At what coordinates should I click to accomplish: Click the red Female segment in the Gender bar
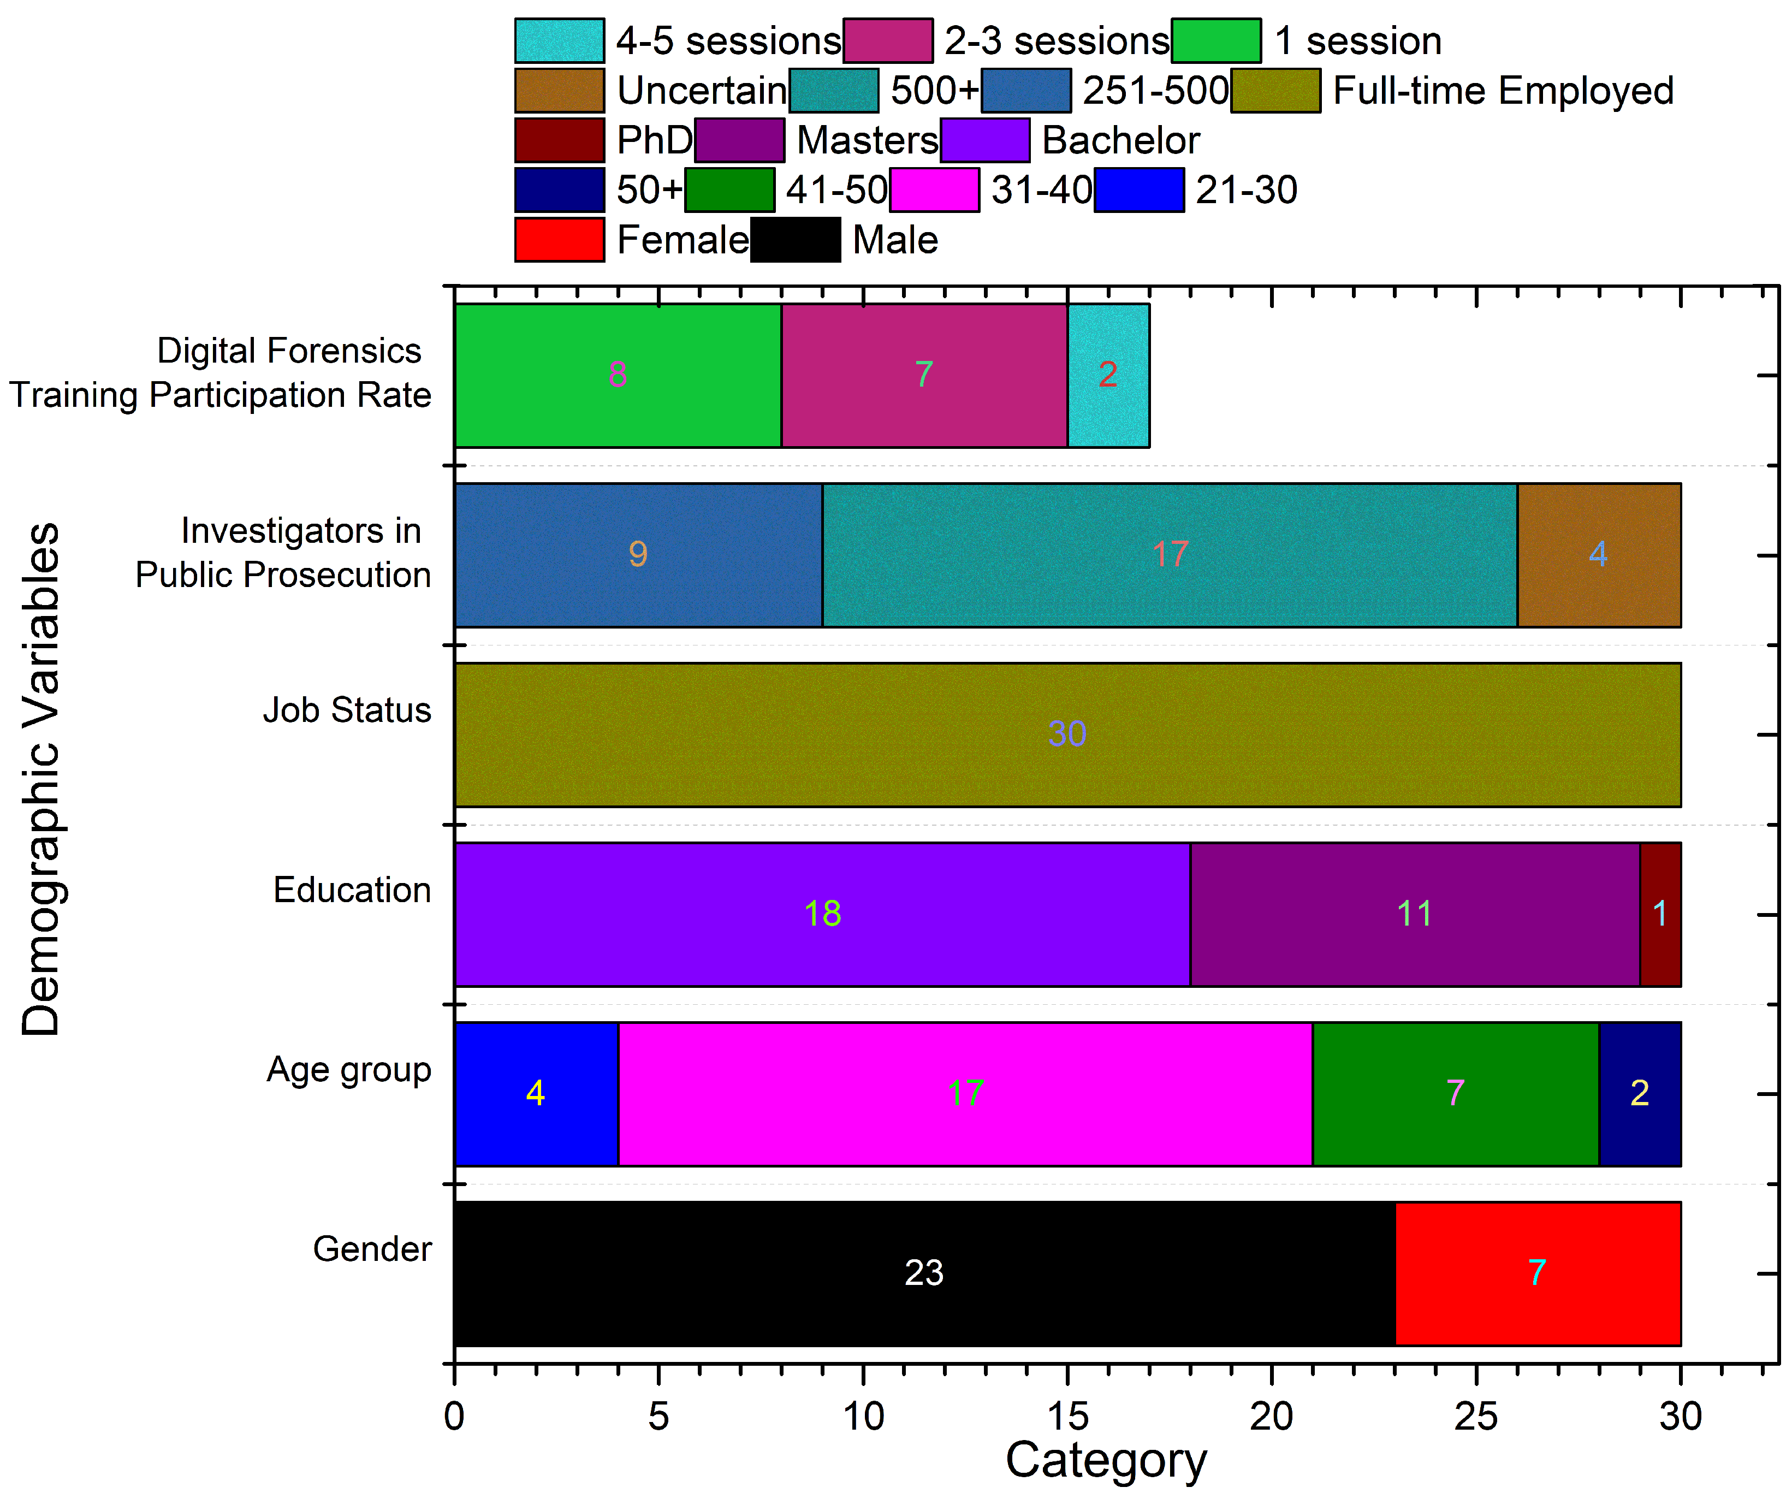(x=1538, y=1273)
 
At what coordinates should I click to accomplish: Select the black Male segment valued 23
(x=924, y=1273)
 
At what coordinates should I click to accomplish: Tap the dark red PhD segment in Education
(x=1660, y=914)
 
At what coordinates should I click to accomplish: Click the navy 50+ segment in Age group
(x=1639, y=1093)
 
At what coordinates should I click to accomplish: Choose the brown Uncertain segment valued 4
(x=1598, y=555)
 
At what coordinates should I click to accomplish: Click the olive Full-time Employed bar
(x=1067, y=734)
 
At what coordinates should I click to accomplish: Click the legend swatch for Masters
(x=739, y=140)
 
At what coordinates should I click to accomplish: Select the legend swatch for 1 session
(x=1216, y=40)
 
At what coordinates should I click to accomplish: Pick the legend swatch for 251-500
(x=1026, y=91)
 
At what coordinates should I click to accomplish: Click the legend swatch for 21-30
(x=1138, y=189)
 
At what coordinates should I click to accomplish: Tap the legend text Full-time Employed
(x=1503, y=91)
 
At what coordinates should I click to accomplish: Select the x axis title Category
(x=1106, y=1461)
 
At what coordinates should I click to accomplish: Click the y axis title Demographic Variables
(x=41, y=779)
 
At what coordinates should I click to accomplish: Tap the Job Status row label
(x=347, y=710)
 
